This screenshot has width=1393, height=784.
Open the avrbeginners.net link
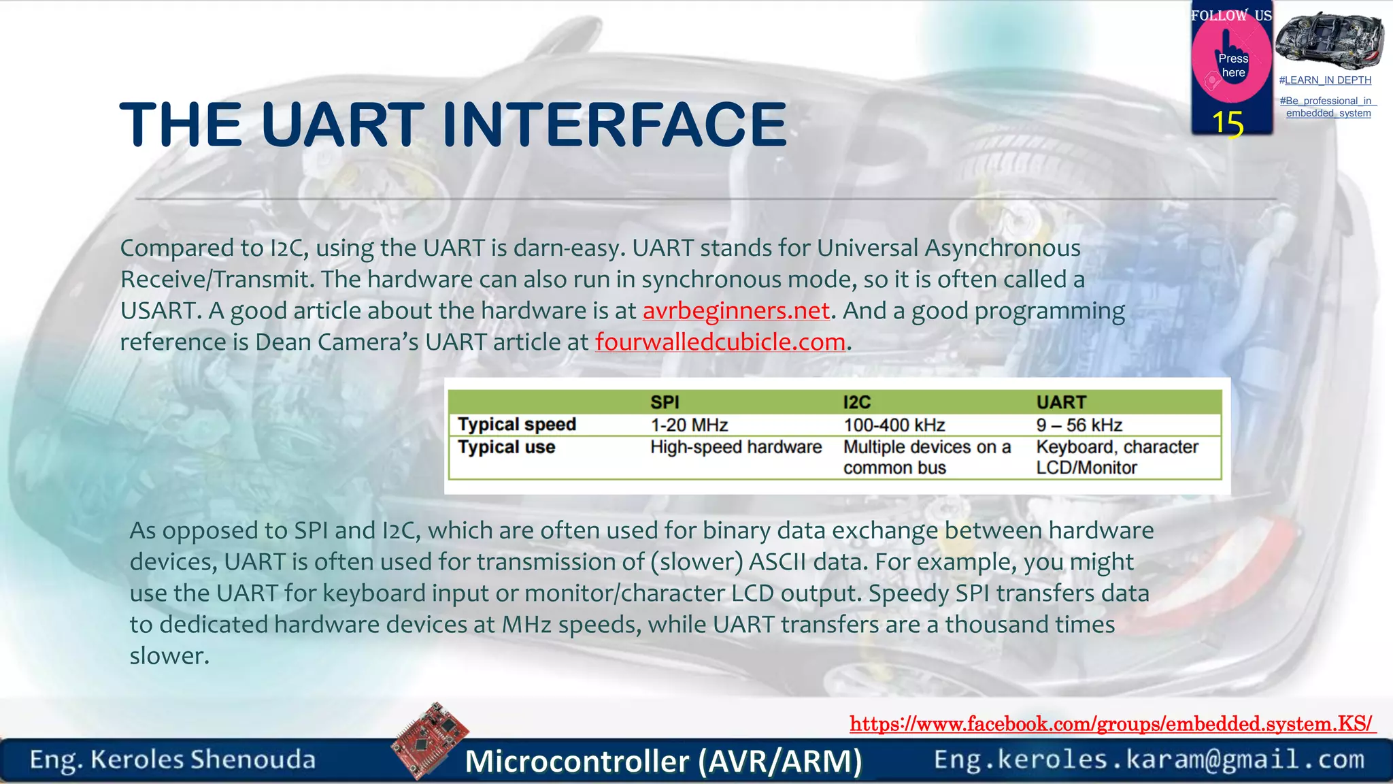pyautogui.click(x=736, y=311)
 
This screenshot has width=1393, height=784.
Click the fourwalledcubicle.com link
pyautogui.click(x=720, y=342)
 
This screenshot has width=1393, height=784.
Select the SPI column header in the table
pyautogui.click(x=665, y=402)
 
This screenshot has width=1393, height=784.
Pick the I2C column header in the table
pyautogui.click(x=857, y=402)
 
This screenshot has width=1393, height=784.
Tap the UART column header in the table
pyautogui.click(x=1061, y=402)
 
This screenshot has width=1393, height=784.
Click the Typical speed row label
pyautogui.click(x=517, y=425)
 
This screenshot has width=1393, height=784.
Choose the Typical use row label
pyautogui.click(x=507, y=447)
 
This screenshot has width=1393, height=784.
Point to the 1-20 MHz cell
pyautogui.click(x=689, y=425)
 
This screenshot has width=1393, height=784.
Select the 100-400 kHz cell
pyautogui.click(x=894, y=425)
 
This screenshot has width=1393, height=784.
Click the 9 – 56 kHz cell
pyautogui.click(x=1079, y=425)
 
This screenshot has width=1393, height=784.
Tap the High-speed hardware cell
pyautogui.click(x=736, y=447)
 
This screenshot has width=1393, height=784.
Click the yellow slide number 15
pyautogui.click(x=1228, y=124)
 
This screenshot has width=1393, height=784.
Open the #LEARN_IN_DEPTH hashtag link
pyautogui.click(x=1325, y=80)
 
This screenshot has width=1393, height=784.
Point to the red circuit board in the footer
pyautogui.click(x=431, y=740)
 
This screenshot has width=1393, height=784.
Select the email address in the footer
pyautogui.click(x=1149, y=759)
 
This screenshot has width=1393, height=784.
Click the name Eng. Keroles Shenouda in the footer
pyautogui.click(x=173, y=759)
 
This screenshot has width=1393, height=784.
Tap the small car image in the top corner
pyautogui.click(x=1329, y=39)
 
